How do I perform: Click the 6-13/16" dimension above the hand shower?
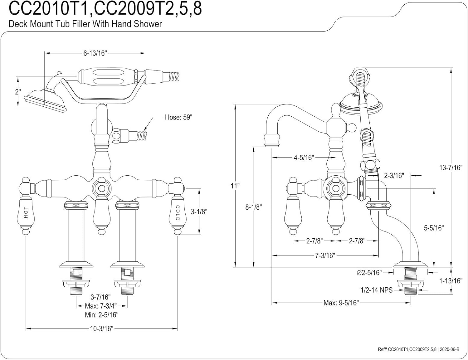coord(95,53)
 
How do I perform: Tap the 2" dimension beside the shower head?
coord(18,92)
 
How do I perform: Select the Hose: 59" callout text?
coord(178,118)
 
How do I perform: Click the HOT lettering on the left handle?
coord(26,212)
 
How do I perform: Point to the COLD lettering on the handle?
coord(177,212)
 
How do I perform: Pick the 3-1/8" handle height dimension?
coord(198,211)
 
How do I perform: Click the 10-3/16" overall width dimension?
coord(101,328)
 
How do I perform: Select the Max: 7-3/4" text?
coord(101,306)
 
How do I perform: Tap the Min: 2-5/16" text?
coord(101,315)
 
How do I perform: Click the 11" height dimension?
coord(235,186)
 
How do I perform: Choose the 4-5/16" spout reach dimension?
coord(303,158)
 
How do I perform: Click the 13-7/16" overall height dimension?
coord(450,168)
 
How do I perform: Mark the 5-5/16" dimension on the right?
coord(434,228)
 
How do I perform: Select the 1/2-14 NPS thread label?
coord(376,290)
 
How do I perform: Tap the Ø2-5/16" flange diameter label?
coord(369,272)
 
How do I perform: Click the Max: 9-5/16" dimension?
coord(341,303)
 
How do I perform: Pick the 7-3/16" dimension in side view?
coord(325,255)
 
